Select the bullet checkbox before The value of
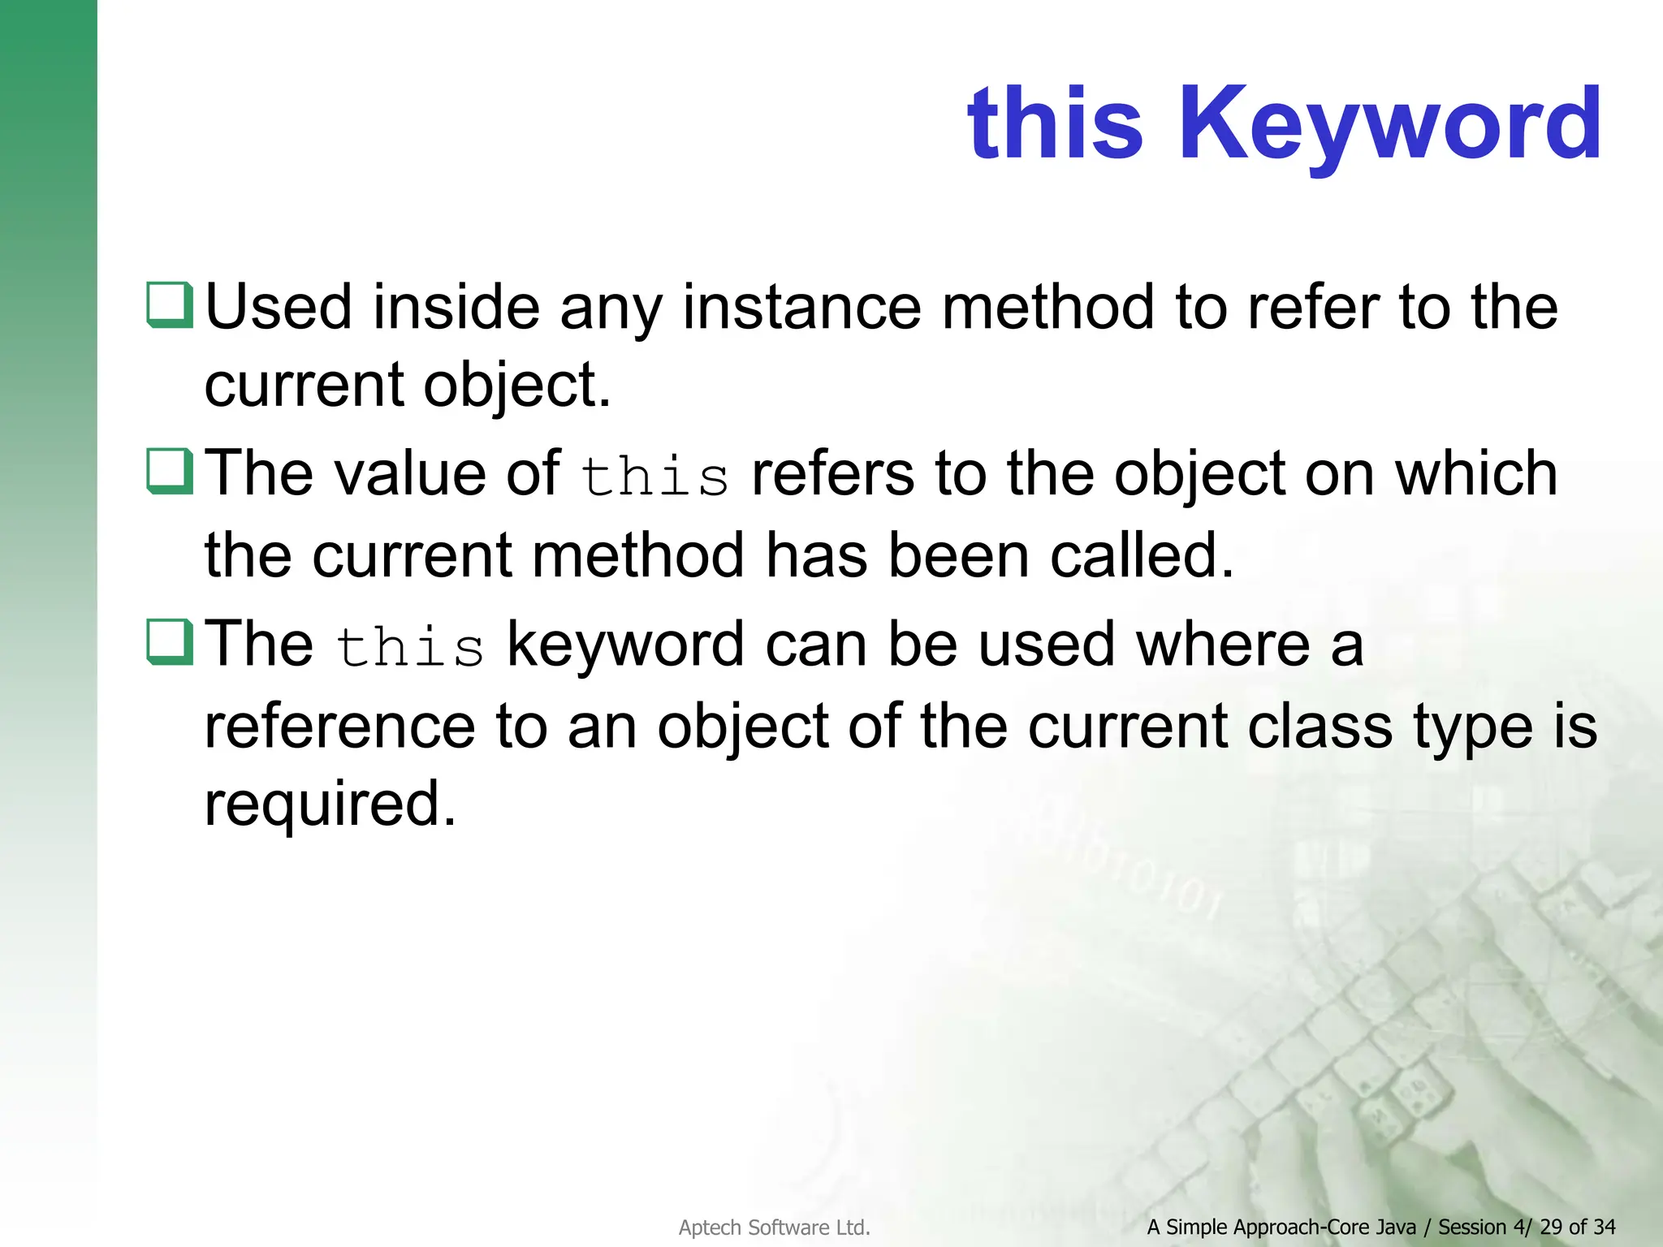click(x=170, y=471)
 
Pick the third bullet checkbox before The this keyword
click(x=170, y=641)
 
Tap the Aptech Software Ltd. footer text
click(x=774, y=1228)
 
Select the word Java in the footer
click(x=1394, y=1227)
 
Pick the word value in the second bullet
click(x=410, y=473)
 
